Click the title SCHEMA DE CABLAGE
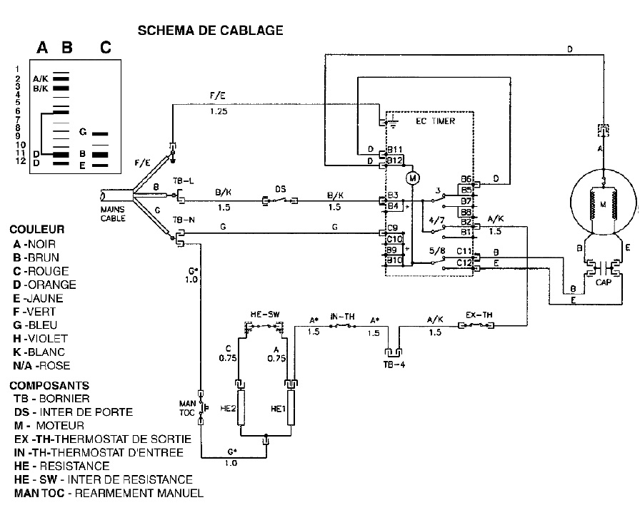(210, 30)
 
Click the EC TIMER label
(435, 121)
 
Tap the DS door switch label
(281, 189)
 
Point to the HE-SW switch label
(263, 315)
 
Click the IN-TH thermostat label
(340, 315)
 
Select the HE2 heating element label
(229, 409)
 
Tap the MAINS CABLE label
(113, 214)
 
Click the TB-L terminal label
(183, 182)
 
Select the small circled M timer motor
(411, 177)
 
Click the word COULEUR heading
(36, 230)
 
